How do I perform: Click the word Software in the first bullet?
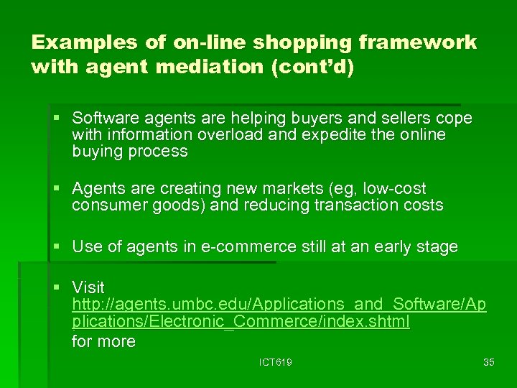pyautogui.click(x=102, y=117)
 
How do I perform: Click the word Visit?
pyautogui.click(x=88, y=287)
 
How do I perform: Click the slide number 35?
pyautogui.click(x=489, y=362)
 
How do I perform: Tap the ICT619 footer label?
pyautogui.click(x=276, y=362)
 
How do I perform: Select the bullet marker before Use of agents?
pyautogui.click(x=57, y=247)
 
